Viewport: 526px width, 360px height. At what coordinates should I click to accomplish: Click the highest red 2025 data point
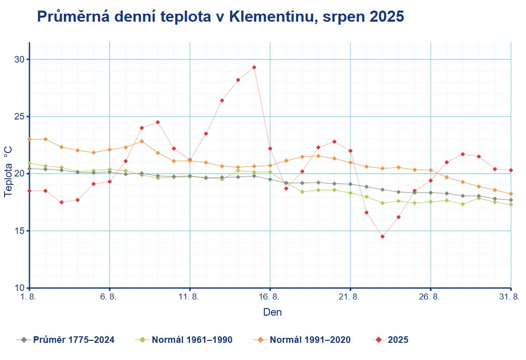click(x=254, y=67)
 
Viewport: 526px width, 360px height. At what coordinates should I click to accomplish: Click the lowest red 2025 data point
click(x=383, y=236)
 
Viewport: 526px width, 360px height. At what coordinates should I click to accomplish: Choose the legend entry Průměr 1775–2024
click(x=74, y=340)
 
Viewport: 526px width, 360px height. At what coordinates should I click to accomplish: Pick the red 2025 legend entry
click(x=397, y=340)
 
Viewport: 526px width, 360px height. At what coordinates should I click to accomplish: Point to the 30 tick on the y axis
click(x=20, y=59)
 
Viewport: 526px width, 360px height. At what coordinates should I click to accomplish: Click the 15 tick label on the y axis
click(x=20, y=231)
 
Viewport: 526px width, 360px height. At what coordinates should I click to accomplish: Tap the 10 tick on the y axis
click(x=20, y=288)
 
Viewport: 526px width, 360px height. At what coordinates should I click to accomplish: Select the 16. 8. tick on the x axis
click(x=270, y=297)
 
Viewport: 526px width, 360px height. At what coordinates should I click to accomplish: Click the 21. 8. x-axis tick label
click(x=350, y=297)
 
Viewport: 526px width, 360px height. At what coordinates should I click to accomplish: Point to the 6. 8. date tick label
click(x=109, y=297)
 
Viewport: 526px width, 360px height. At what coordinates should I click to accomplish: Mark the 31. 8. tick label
click(x=509, y=297)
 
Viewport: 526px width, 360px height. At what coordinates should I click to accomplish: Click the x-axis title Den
click(x=272, y=313)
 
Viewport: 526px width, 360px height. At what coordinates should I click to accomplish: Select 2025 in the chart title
click(x=386, y=17)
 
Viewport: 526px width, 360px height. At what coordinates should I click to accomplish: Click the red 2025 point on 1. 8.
click(x=29, y=191)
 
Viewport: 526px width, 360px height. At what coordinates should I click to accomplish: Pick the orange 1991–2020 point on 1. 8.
click(x=29, y=139)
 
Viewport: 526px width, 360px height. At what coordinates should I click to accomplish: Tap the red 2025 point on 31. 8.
click(x=511, y=170)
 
